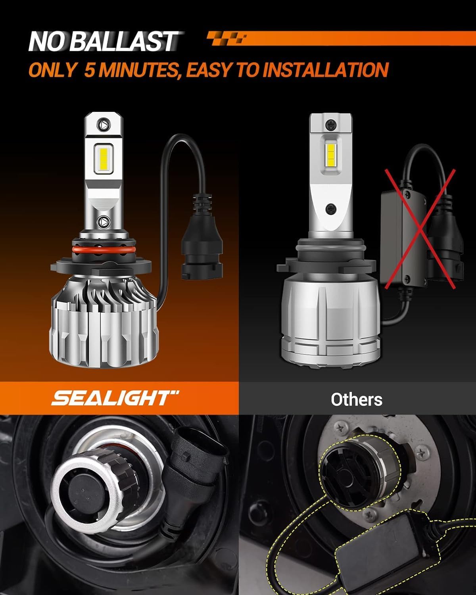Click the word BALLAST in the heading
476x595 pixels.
click(126, 42)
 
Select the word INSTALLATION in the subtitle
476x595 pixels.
click(325, 70)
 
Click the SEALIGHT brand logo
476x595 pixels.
click(115, 398)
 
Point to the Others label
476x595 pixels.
click(357, 399)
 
